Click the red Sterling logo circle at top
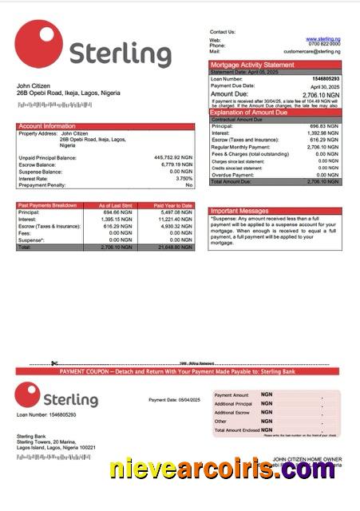tap(38, 45)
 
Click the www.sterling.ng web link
tap(324, 38)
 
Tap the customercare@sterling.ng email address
tap(315, 51)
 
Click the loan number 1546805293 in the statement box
tap(324, 79)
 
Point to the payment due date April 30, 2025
tap(325, 86)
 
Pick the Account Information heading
tap(47, 126)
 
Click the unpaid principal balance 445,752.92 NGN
tap(172, 157)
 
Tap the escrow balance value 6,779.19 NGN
tap(176, 164)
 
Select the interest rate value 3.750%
tap(184, 178)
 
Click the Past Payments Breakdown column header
tap(48, 205)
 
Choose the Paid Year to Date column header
tap(173, 205)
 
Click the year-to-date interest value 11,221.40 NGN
tap(174, 219)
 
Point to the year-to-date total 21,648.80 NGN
tap(174, 248)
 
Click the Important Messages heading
tap(239, 212)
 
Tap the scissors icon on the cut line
tap(54, 364)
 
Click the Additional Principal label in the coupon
tap(233, 404)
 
